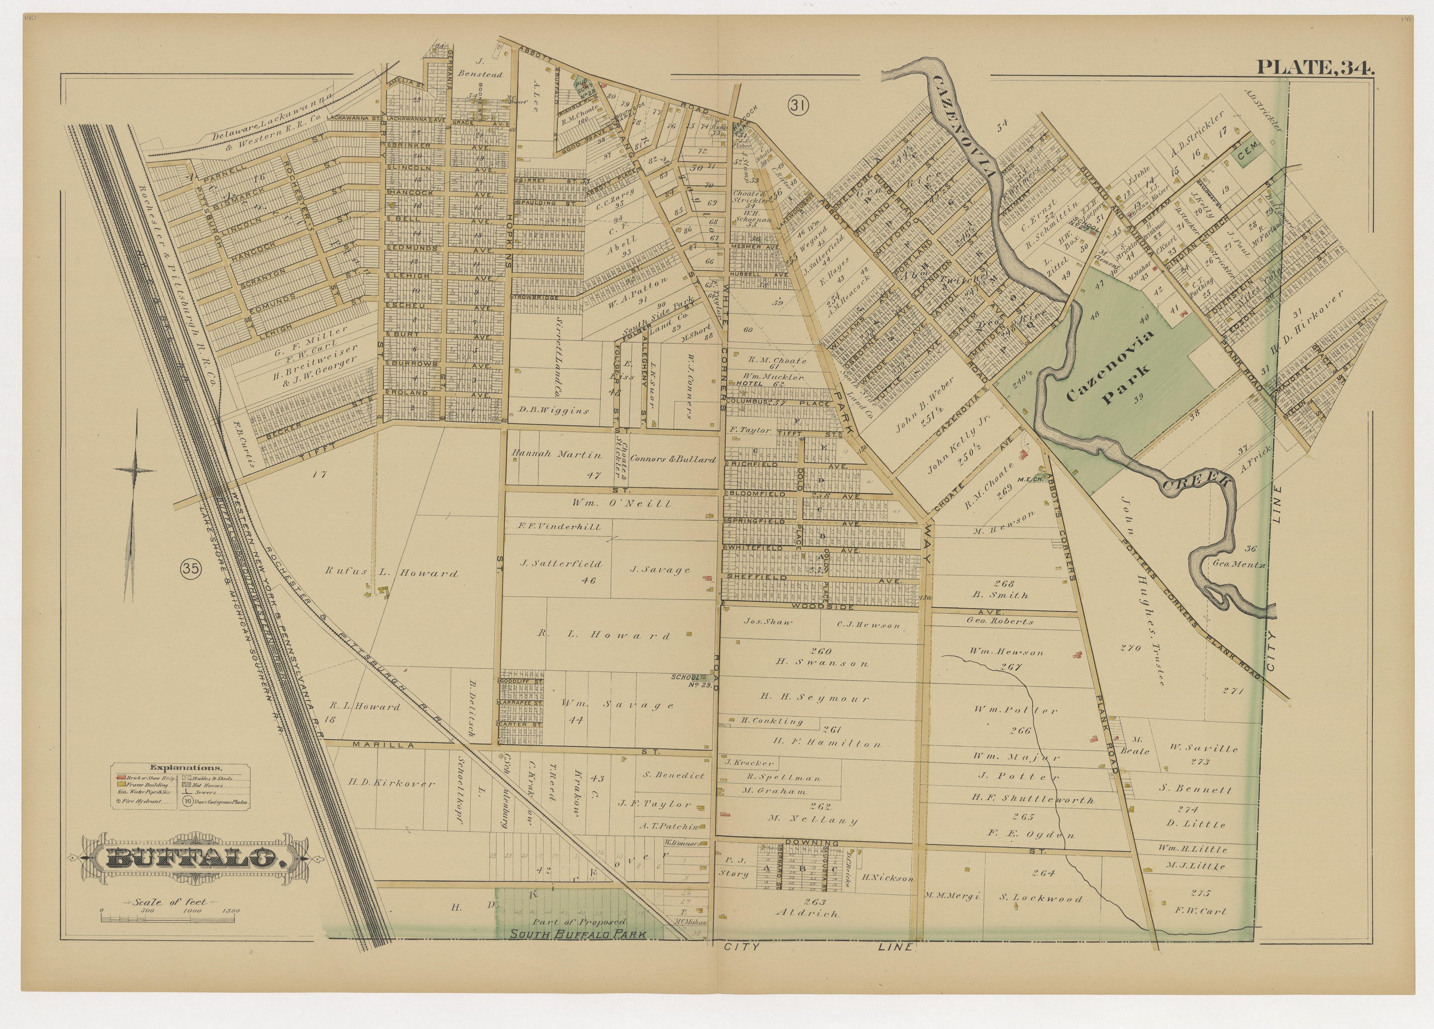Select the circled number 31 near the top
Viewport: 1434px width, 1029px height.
click(x=798, y=106)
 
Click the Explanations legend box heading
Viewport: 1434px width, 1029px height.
click(x=181, y=767)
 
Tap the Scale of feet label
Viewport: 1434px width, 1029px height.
click(x=170, y=902)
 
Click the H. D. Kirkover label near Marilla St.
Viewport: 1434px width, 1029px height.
click(x=391, y=783)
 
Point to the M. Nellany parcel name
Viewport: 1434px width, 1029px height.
click(x=813, y=820)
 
